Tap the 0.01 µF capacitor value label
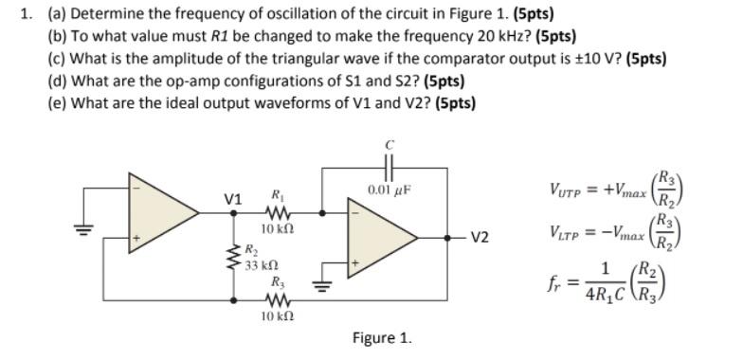point(389,189)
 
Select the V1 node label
point(233,200)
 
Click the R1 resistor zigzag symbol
point(280,213)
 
